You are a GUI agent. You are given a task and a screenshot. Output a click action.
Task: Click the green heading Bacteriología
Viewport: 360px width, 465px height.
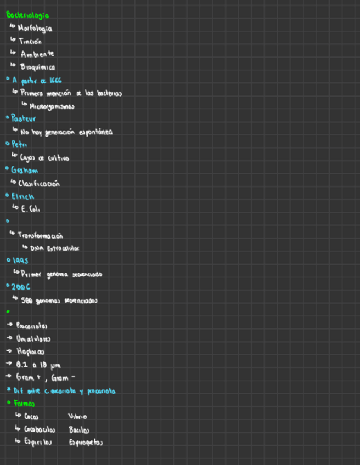[x=27, y=15]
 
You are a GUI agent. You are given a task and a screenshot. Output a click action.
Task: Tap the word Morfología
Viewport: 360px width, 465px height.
[x=36, y=28]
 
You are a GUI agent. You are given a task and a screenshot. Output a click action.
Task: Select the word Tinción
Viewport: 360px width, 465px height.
[x=30, y=41]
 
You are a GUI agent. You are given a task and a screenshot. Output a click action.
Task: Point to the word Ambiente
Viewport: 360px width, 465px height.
[x=37, y=54]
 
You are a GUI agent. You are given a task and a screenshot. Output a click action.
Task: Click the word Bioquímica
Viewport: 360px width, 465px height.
[x=37, y=67]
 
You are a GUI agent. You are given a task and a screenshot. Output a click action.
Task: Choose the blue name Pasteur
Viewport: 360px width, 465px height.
[x=24, y=118]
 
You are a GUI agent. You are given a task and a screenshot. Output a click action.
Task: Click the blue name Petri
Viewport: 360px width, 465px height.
[x=19, y=144]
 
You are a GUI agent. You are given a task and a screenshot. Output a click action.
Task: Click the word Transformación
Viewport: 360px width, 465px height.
[x=41, y=235]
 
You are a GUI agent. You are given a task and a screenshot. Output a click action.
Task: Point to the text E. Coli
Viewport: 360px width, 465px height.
[x=31, y=209]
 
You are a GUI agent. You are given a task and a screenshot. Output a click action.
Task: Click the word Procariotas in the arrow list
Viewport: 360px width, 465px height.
[x=32, y=326]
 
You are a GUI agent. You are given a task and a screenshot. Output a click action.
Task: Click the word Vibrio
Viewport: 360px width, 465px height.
[x=78, y=417]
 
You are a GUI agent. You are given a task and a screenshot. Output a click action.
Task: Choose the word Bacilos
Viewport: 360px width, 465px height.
[x=79, y=429]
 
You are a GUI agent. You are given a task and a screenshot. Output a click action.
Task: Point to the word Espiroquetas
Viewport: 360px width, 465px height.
[x=86, y=442]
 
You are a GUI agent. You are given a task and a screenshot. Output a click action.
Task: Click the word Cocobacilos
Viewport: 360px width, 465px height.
[x=40, y=429]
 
